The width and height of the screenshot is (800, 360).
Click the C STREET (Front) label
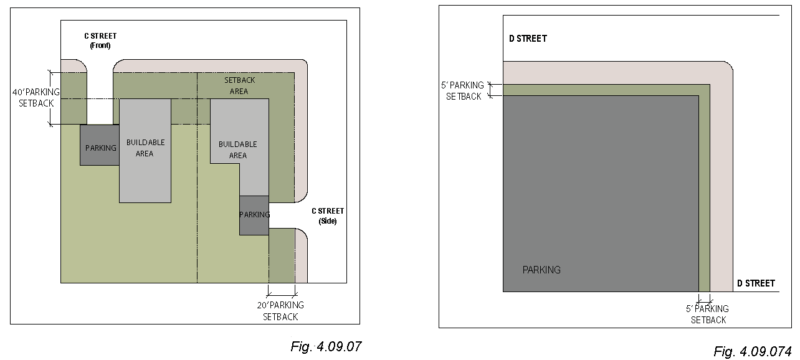click(100, 40)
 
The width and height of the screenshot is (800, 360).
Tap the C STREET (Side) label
click(327, 216)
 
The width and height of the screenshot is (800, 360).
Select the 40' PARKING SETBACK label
click(36, 98)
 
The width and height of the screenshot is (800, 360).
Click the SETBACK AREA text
click(239, 85)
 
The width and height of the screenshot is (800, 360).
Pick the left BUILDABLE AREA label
click(145, 148)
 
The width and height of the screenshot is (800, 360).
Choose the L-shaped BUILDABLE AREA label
click(237, 149)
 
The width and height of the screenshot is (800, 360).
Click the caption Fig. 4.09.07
click(326, 346)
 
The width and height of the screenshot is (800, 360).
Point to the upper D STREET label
click(528, 39)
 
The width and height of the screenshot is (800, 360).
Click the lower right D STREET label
click(756, 283)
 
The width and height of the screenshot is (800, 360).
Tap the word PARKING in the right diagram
click(541, 270)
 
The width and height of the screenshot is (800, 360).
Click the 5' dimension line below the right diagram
click(704, 300)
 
